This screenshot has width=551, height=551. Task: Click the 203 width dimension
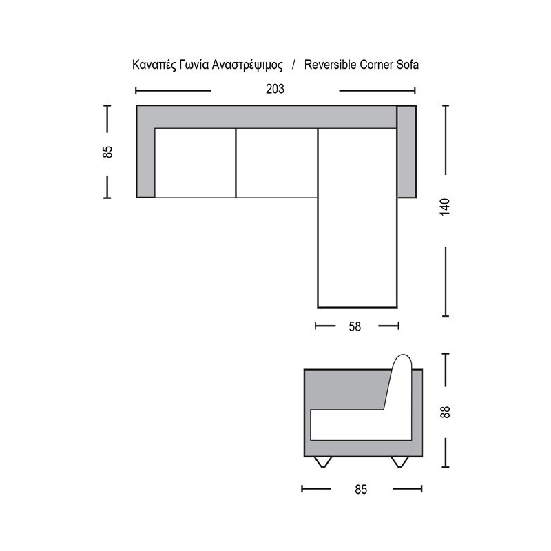point(275,90)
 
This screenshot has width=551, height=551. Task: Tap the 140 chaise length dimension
point(445,207)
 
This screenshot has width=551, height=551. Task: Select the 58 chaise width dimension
point(355,326)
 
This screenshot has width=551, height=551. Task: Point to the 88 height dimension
point(445,412)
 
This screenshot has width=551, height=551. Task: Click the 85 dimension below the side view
point(361,489)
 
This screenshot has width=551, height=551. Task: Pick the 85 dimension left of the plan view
point(107,152)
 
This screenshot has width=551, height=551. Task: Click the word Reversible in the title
point(331,65)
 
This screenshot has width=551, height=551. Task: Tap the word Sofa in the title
point(408,65)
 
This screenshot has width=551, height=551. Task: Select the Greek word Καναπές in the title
point(154,65)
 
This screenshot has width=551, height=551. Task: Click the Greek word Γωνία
point(194,65)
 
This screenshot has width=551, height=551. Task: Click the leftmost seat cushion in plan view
point(195,163)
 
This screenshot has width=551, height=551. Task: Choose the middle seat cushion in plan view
point(277,163)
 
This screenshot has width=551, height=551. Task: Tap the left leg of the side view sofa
point(323,461)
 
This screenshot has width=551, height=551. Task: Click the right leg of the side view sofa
point(400,461)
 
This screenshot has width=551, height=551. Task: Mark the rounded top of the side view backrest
point(403,360)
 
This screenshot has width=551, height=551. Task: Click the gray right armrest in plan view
point(406,152)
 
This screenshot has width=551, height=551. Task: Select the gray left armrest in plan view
point(145,163)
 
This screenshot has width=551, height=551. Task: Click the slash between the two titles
point(293,65)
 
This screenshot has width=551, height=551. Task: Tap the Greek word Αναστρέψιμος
point(247,65)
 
